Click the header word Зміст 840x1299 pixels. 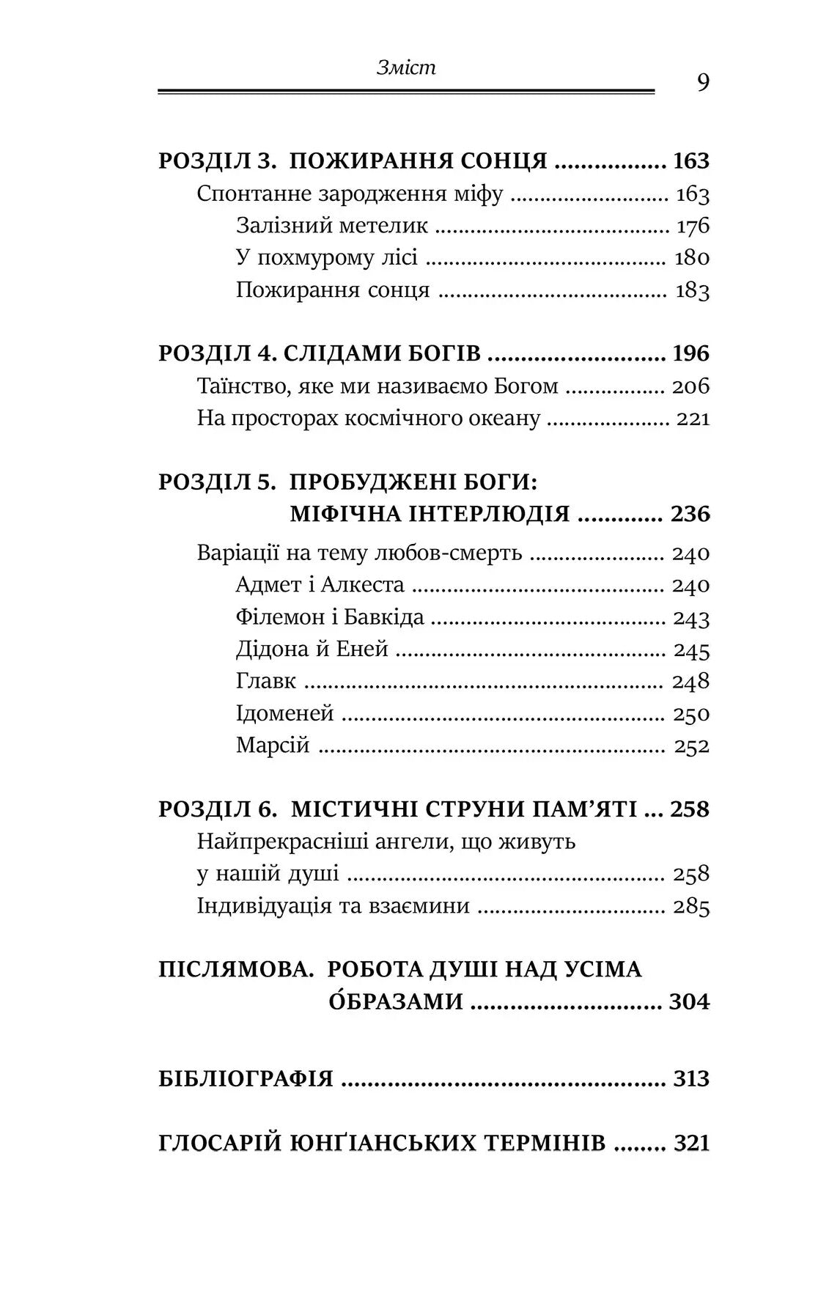pos(406,68)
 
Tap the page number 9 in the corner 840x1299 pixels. pos(702,83)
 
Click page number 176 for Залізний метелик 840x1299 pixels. pos(693,227)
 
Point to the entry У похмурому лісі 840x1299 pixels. pos(327,258)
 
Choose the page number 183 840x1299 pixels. pos(693,291)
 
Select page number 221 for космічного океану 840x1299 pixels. pos(693,419)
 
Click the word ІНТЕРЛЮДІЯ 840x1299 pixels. pos(430,514)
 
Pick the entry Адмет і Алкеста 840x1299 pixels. pos(320,585)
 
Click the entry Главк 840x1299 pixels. pos(266,681)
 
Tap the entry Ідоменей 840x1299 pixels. pos(285,713)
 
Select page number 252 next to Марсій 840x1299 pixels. pos(693,746)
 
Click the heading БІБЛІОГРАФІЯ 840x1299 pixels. pos(246,1079)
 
